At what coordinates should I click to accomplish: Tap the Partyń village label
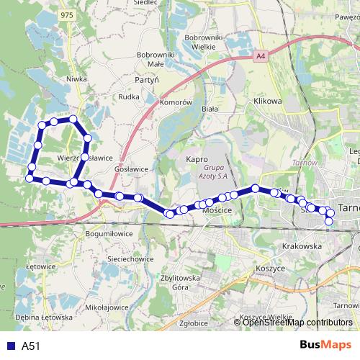click(146, 80)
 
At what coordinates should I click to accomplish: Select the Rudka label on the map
click(128, 96)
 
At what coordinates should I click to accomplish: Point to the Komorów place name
click(176, 103)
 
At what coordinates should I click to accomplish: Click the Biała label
click(210, 109)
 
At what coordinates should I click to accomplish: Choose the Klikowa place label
click(267, 102)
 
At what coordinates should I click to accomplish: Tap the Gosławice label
click(132, 168)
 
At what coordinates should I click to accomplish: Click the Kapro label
click(197, 159)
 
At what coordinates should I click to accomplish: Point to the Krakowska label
click(302, 246)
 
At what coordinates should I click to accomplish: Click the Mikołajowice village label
click(107, 307)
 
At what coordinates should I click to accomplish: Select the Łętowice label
click(39, 266)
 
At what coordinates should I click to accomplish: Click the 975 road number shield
click(68, 15)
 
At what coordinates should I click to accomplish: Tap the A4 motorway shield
click(260, 55)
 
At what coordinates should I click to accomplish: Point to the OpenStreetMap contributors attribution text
click(297, 323)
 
